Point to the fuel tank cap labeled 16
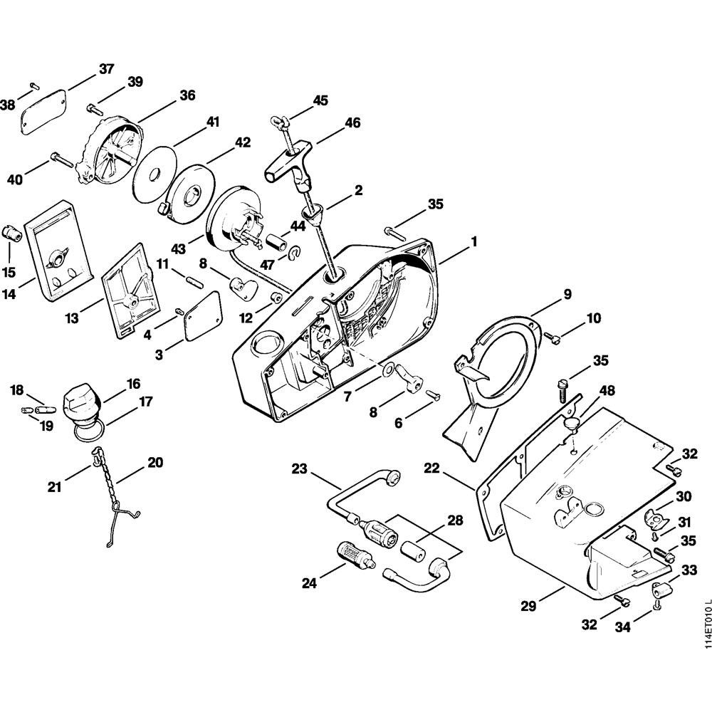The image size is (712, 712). (80, 403)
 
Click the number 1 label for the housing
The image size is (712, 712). (473, 242)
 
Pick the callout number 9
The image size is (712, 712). (567, 293)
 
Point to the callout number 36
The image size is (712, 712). (187, 95)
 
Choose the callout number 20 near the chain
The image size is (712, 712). (155, 463)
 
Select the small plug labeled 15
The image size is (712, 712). (10, 233)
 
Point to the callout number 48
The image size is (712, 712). (607, 391)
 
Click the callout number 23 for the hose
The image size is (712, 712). (300, 469)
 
